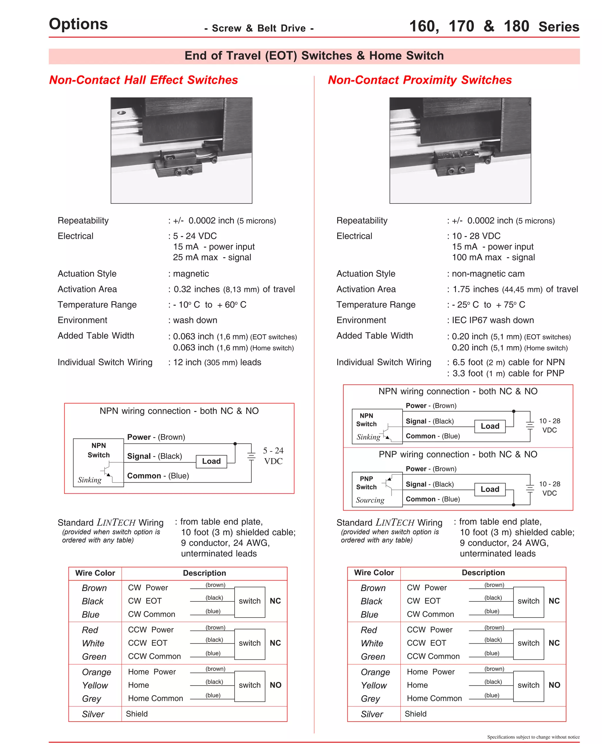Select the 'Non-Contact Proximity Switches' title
419,80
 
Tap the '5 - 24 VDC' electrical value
195,236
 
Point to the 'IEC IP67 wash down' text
492,320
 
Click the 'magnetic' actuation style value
191,274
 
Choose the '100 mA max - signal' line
493,257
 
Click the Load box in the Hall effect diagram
211,461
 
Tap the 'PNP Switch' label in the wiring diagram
366,483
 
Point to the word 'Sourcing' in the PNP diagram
370,500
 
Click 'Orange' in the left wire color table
96,672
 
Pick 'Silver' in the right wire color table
372,714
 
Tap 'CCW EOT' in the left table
147,643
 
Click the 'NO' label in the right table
554,685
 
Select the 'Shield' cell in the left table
137,714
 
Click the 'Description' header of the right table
483,573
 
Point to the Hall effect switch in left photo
179,161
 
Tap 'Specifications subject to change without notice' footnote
533,737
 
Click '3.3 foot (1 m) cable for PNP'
508,373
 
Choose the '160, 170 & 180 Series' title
494,26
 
